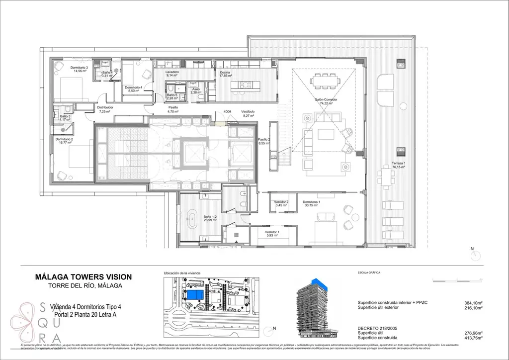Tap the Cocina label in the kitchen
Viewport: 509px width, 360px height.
point(225,72)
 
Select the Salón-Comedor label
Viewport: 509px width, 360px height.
point(326,100)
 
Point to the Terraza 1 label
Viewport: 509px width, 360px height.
point(399,164)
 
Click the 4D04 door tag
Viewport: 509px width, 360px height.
point(228,111)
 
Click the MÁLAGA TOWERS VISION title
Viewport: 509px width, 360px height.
point(84,276)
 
